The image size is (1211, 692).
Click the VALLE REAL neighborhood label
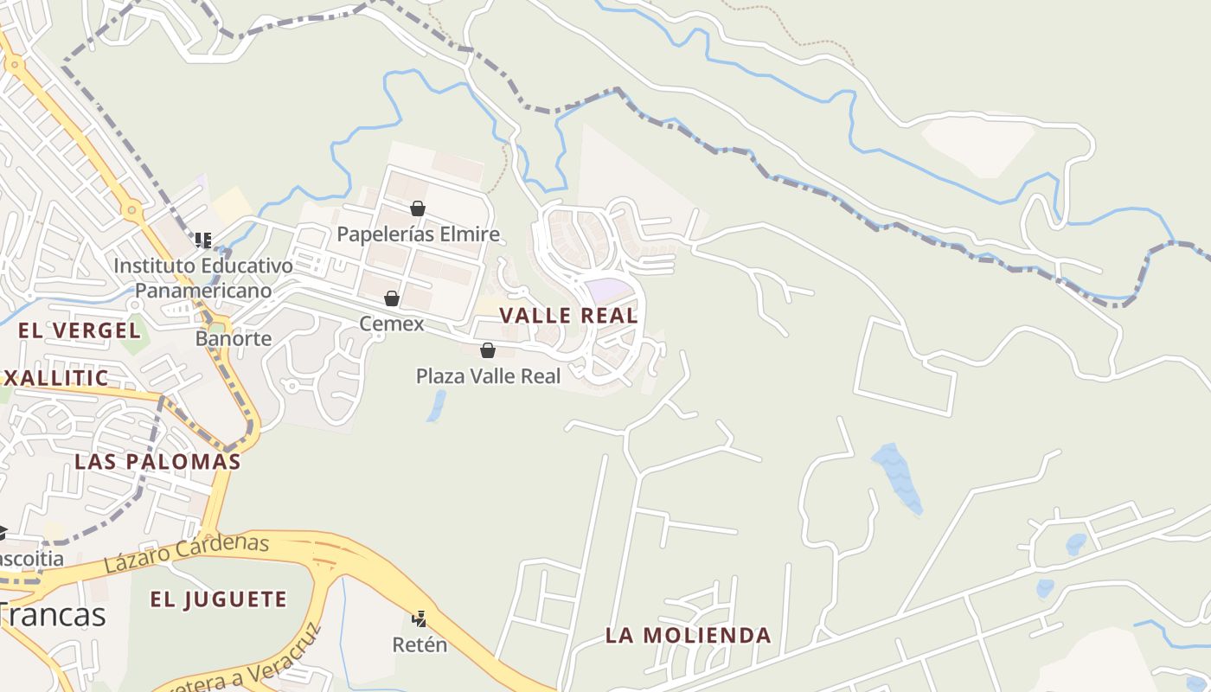coord(568,316)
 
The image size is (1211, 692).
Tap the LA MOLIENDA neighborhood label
coord(688,636)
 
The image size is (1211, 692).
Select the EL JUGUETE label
coord(218,599)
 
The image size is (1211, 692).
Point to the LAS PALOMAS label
coord(157,461)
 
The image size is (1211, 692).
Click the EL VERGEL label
coord(80,330)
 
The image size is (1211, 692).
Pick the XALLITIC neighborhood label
coord(55,378)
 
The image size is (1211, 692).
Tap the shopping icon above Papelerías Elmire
coord(418,208)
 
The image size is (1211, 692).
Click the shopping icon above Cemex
coord(392,298)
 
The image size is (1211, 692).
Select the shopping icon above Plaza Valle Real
coord(488,350)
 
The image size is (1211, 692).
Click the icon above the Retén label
coord(420,618)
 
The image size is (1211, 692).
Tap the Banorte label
coord(234,338)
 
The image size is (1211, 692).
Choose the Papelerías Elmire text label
coord(418,234)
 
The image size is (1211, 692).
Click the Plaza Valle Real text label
coord(488,376)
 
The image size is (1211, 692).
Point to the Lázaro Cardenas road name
coord(187,554)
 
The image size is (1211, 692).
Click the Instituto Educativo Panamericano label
coord(203,278)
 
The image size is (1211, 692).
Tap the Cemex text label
coord(392,324)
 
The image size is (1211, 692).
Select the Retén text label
coord(420,644)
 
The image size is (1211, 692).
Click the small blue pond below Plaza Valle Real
coord(437,406)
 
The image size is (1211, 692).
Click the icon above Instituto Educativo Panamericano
coord(203,240)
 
